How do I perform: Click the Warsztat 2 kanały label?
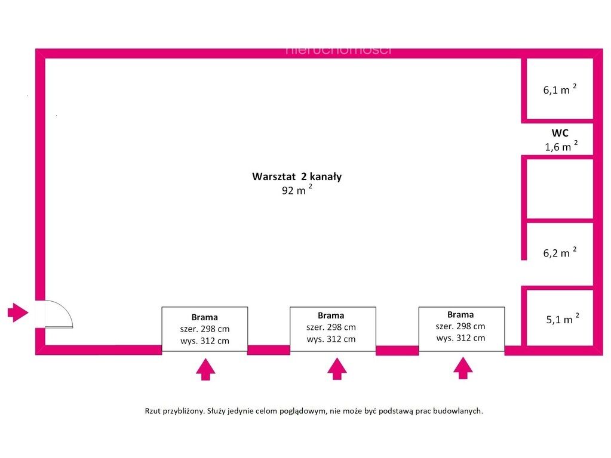[296, 177]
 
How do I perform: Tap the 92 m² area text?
[297, 191]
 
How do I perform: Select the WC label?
[560, 133]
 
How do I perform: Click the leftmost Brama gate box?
[205, 329]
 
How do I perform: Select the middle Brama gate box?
[333, 327]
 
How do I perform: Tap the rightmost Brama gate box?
[461, 326]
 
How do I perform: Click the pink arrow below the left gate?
[206, 369]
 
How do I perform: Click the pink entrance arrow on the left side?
[17, 311]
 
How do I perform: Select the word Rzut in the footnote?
[153, 411]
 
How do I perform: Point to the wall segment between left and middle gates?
[268, 349]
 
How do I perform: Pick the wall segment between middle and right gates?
[397, 350]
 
